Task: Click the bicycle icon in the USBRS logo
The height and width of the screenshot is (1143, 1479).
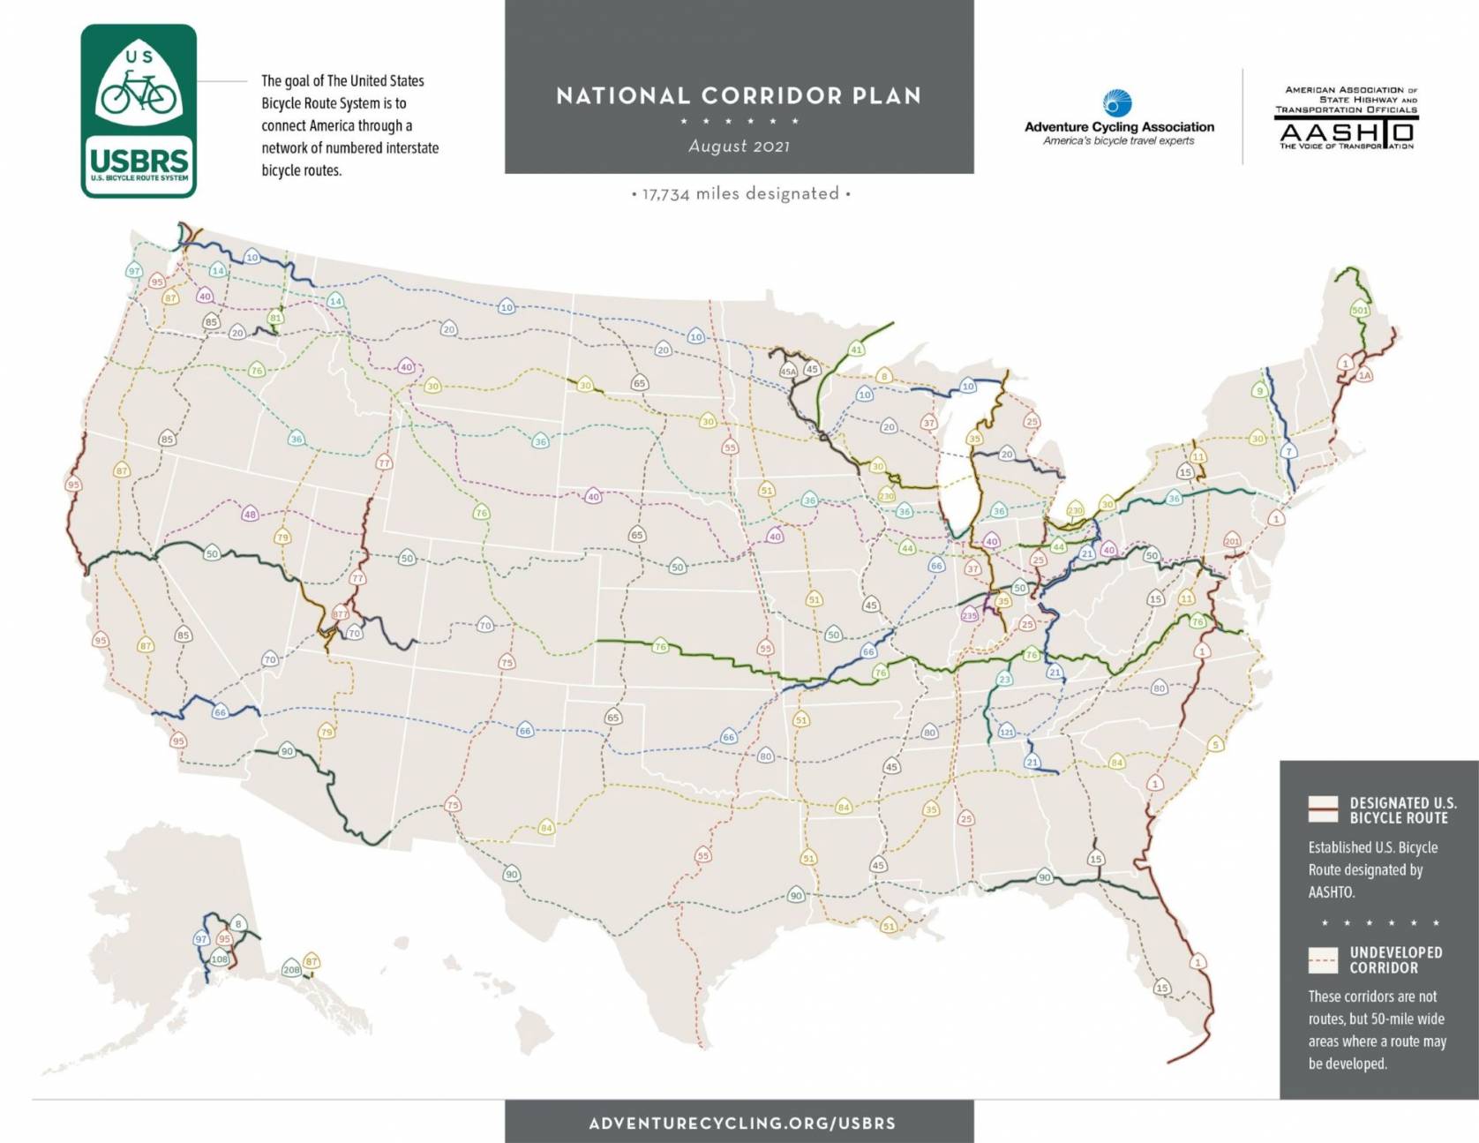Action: click(x=139, y=93)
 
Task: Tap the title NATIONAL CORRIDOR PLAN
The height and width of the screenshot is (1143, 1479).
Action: click(x=739, y=96)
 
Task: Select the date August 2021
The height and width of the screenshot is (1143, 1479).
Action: click(x=739, y=147)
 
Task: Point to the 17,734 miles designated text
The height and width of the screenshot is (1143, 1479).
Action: click(x=740, y=193)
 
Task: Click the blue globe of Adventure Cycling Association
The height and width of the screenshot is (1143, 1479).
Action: click(x=1118, y=103)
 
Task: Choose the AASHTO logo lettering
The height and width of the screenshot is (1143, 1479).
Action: click(x=1347, y=132)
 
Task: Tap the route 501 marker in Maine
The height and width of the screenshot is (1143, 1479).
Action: click(x=1359, y=311)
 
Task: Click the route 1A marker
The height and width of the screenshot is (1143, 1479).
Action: click(x=1365, y=375)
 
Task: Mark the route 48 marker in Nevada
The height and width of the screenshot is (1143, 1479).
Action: click(x=250, y=515)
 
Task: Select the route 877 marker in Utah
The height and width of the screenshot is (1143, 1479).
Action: click(x=341, y=613)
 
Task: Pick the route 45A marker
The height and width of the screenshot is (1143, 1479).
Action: click(x=788, y=372)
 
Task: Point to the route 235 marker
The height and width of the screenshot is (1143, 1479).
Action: click(x=970, y=615)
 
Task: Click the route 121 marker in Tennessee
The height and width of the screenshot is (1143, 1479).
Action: click(x=1007, y=732)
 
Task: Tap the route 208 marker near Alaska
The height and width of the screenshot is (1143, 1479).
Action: click(x=291, y=969)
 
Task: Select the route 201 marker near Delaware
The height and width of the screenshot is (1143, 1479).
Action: click(x=1232, y=541)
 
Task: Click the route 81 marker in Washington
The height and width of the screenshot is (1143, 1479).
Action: click(x=275, y=319)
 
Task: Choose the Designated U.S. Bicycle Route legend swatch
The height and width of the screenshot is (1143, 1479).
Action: click(x=1322, y=809)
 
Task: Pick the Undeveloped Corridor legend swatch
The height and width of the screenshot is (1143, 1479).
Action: click(x=1322, y=959)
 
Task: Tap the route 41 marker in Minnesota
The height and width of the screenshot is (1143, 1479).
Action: click(x=856, y=350)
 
